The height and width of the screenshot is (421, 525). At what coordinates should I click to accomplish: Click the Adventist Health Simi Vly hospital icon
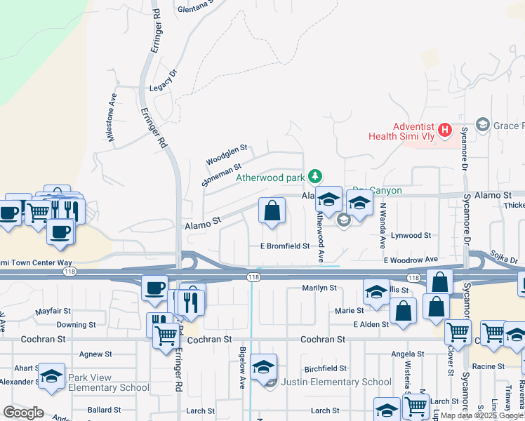pos(444,130)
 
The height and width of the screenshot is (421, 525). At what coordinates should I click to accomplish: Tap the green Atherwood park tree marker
pos(316,176)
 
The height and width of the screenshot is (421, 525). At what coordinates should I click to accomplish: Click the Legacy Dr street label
pos(166,88)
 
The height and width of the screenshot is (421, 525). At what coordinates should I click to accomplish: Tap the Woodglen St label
pos(227,155)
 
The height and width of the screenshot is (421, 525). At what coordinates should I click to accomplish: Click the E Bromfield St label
pos(285,246)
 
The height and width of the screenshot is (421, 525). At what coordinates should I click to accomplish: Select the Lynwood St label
pos(411,236)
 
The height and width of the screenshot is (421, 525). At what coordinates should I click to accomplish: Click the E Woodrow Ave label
pos(411,260)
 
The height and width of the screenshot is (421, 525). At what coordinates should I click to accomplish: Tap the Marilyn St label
pos(319,288)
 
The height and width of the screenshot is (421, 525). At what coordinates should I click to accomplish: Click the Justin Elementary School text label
pos(336,382)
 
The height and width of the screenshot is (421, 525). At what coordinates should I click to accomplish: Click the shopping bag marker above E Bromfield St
pos(272,210)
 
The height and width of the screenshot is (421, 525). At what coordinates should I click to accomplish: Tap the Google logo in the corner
pos(23,413)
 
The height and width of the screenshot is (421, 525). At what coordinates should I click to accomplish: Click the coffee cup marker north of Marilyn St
pos(154,287)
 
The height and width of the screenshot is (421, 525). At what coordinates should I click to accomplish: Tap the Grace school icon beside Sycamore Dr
pos(482,125)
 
